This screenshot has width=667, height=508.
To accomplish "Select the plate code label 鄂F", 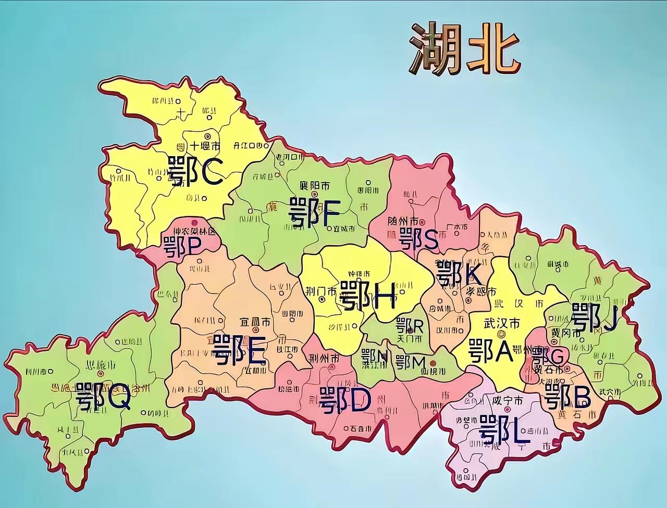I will click(314, 213).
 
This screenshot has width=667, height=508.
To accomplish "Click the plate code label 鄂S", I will click(418, 239).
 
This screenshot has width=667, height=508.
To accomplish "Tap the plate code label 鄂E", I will click(239, 350).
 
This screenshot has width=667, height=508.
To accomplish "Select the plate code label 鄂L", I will click(504, 430).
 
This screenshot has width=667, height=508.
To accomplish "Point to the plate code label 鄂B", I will click(567, 397).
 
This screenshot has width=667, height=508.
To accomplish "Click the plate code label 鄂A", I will click(491, 350).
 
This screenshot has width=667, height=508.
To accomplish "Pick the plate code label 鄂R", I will click(410, 326).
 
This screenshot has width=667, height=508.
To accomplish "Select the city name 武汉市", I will click(501, 323).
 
